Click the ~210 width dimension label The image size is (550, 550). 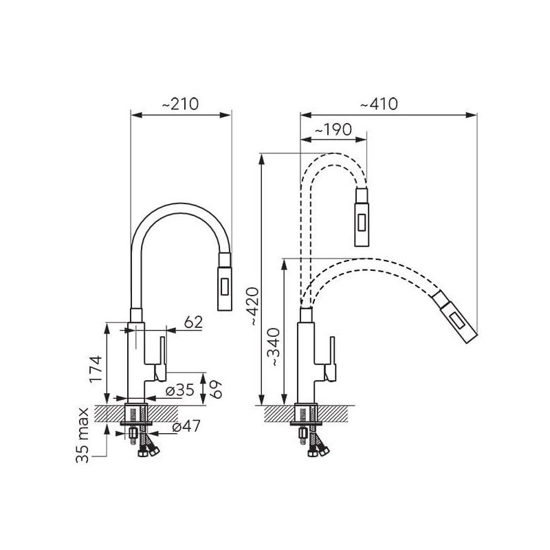tap(180, 104)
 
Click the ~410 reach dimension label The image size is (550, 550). tap(379, 104)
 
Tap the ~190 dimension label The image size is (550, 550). tap(333, 129)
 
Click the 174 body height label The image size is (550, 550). tap(96, 369)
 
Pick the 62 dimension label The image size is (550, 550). tap(193, 322)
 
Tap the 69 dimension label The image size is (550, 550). tap(217, 388)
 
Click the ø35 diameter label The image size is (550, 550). tap(179, 389)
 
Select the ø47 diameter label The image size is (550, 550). tap(186, 426)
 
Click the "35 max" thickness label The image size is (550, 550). tap(82, 435)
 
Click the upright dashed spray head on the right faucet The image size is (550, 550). tap(362, 217)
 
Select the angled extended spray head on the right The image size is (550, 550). tap(455, 317)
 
